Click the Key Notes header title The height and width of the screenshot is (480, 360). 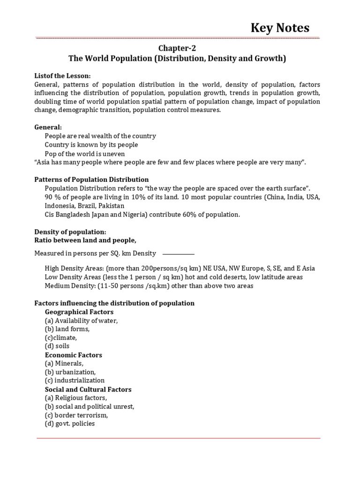(279, 28)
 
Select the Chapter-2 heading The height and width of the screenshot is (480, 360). (177, 48)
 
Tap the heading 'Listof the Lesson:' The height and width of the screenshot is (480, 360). (62, 76)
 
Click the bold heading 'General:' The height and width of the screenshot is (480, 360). (48, 127)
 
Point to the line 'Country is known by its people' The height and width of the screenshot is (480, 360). (91, 145)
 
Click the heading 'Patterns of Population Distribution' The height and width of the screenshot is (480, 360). (91, 180)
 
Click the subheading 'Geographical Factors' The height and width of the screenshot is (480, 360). (79, 312)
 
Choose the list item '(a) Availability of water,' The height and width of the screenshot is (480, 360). (81, 321)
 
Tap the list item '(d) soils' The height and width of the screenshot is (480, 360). (57, 346)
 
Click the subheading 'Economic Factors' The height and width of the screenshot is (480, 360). (73, 355)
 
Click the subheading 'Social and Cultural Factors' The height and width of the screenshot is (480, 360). (88, 389)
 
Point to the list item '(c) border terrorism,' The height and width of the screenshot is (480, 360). (76, 415)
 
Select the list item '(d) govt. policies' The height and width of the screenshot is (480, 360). (70, 423)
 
